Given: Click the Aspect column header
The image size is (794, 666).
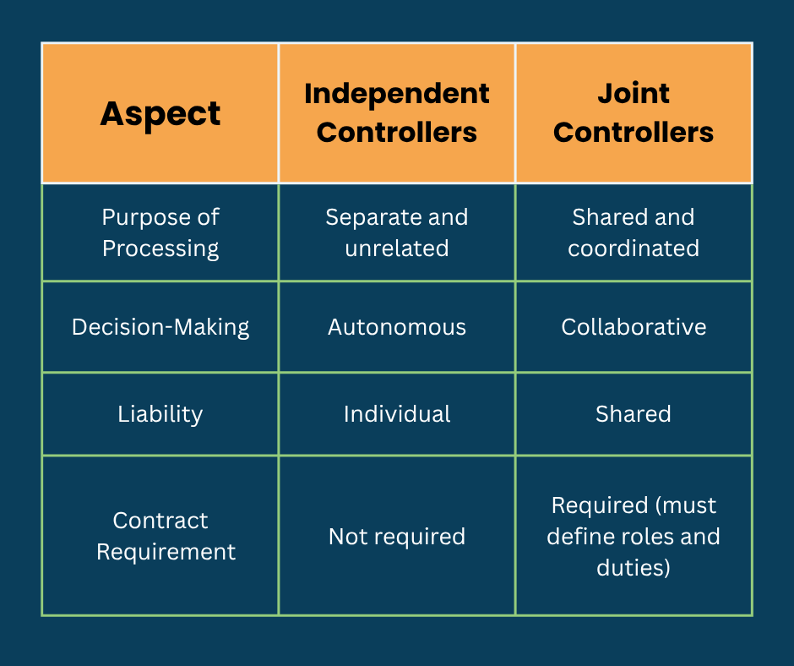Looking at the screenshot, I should coord(160,113).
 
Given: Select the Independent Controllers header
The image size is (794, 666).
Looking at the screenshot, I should coord(397,113).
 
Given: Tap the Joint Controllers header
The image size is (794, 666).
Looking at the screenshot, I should coord(634,113).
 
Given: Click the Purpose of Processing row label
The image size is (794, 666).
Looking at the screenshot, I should coord(160,232).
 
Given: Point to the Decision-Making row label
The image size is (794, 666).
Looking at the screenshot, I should coord(160,327).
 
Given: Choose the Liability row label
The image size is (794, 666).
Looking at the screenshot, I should coord(160,414).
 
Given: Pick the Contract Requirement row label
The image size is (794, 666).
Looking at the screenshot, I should coord(160,536).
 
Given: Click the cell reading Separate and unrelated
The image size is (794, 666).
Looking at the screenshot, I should coord(397,232).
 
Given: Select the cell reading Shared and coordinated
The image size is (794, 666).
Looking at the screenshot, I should coord(634,232).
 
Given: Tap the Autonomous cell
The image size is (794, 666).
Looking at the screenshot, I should coord(397,327).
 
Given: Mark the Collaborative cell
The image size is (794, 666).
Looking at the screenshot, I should coord(634,327).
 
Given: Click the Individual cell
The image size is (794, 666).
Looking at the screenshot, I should coord(397,414).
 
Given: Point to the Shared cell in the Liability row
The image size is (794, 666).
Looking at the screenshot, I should coord(634,414).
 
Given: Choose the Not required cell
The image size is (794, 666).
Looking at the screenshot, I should coord(397,537).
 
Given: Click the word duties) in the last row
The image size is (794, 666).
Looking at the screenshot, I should coord(634,567).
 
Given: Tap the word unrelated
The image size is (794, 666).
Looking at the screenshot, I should coord(397,248).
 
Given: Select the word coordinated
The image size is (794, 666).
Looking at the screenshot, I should coord(634,248).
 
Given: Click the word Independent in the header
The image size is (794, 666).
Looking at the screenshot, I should coord(397,94).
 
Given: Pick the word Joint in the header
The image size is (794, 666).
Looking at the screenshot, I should coord(634,94).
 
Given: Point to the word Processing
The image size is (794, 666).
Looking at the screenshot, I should coord(160,248).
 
